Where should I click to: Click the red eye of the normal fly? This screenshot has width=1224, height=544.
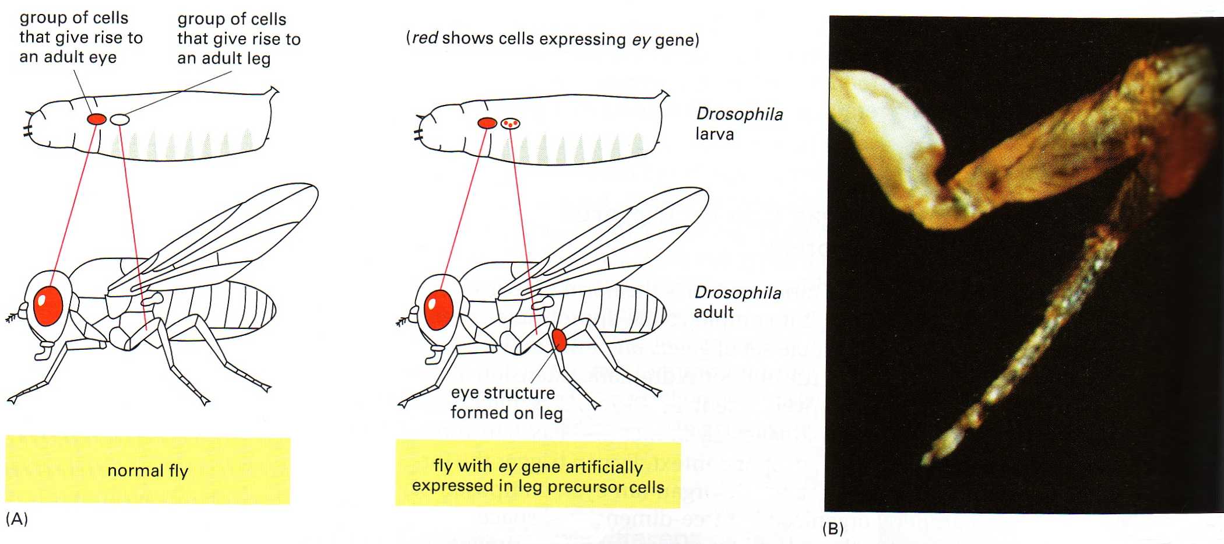pos(48,305)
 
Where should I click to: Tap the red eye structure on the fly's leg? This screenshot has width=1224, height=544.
pos(559,339)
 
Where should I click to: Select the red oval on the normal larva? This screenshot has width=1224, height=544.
pos(97,119)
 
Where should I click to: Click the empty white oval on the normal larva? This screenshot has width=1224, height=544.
pos(119,120)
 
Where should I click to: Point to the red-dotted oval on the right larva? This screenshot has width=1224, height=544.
pos(511,123)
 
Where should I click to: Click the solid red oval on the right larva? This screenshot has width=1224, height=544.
pos(487,123)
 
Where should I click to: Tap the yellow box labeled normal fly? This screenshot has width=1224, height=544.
pos(147,470)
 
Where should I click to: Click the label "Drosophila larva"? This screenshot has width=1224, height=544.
pos(739,124)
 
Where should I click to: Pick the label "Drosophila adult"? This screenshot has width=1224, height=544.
pos(737,302)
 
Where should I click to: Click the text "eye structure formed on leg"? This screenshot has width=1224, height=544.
pos(507,403)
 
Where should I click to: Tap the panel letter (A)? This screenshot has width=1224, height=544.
pos(16,519)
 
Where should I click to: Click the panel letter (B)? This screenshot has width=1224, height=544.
pos(833,529)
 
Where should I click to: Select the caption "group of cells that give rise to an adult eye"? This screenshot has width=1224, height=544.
pos(81,37)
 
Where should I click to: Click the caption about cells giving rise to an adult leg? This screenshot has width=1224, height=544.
pos(239,38)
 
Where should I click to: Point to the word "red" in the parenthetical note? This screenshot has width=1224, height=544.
pos(425,38)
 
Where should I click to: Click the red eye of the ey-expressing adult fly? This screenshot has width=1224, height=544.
pos(439,310)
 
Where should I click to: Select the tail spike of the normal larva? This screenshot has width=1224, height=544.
pos(273,91)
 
